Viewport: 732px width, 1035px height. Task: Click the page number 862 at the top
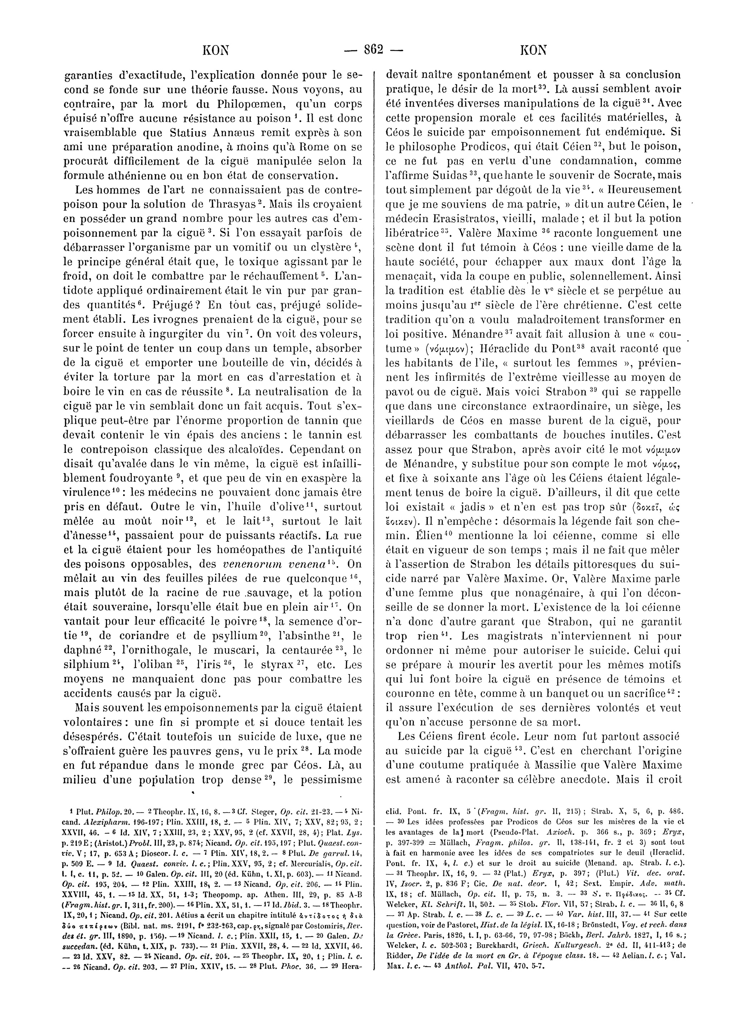coord(372,50)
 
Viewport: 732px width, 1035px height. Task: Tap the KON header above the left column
coord(216,50)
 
